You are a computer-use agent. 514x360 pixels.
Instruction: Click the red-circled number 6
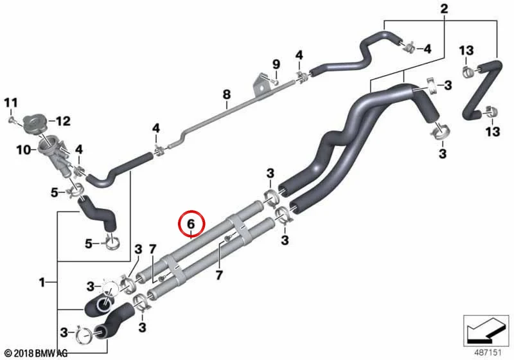click(x=191, y=224)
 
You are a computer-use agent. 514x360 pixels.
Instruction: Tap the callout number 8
click(x=227, y=94)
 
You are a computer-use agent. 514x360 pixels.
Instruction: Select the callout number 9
click(x=276, y=64)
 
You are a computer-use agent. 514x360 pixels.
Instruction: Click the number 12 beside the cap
click(x=63, y=122)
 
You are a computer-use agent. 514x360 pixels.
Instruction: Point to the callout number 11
click(x=10, y=103)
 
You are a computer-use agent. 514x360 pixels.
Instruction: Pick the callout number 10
click(x=23, y=150)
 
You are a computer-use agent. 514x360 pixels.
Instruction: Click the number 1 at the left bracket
click(x=42, y=282)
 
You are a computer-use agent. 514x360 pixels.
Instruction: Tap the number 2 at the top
click(x=444, y=9)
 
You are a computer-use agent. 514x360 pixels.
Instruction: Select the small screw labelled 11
click(x=12, y=120)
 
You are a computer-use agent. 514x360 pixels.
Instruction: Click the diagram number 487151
click(x=488, y=352)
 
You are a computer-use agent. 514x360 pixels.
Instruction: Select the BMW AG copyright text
click(x=37, y=353)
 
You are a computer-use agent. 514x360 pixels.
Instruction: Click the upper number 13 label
click(x=466, y=51)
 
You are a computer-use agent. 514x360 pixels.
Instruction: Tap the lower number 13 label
click(x=493, y=132)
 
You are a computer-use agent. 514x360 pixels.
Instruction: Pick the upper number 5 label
click(x=55, y=192)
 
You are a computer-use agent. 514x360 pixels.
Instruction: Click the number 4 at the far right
click(x=427, y=50)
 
